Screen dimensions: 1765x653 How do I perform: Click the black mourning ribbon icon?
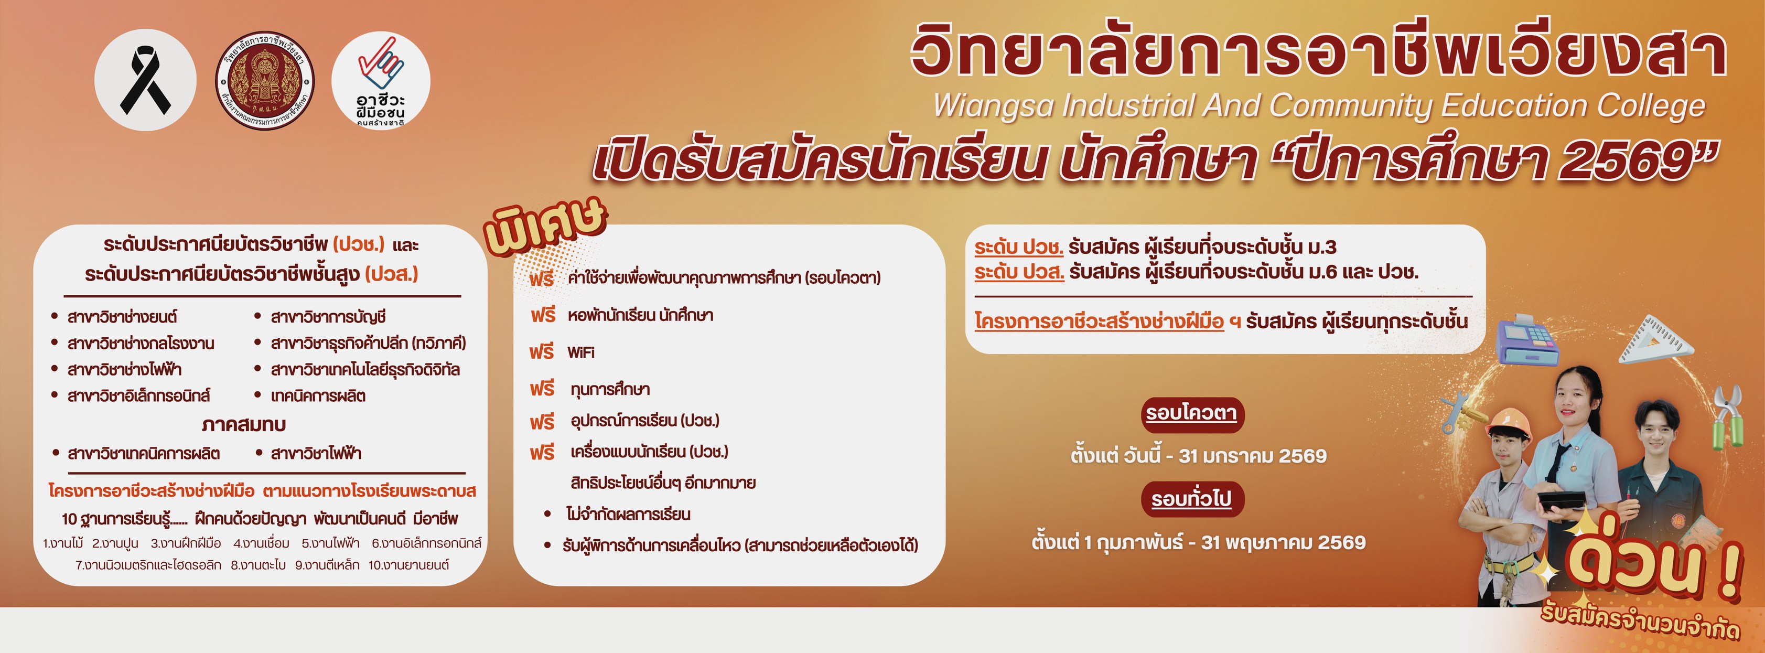pyautogui.click(x=145, y=80)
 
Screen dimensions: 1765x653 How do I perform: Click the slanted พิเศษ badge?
pyautogui.click(x=545, y=226)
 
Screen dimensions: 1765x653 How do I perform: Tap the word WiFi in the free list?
pyautogui.click(x=580, y=352)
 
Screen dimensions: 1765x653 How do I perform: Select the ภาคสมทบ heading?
pyautogui.click(x=243, y=424)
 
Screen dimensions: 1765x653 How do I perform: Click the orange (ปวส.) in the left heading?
pyautogui.click(x=391, y=274)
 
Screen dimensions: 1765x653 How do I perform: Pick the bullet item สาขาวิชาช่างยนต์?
pyautogui.click(x=122, y=317)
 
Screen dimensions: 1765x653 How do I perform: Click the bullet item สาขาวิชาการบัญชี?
pyautogui.click(x=328, y=317)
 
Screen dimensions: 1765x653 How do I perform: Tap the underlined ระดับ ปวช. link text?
pyautogui.click(x=1019, y=247)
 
